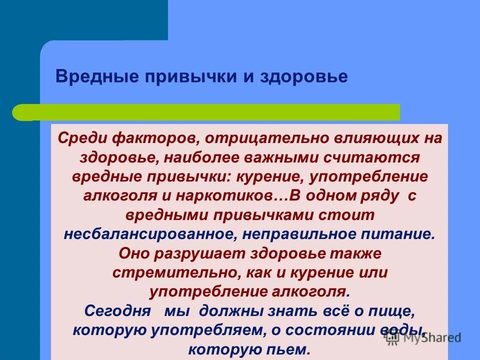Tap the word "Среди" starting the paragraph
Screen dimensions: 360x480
pyautogui.click(x=81, y=138)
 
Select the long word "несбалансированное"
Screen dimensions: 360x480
pyautogui.click(x=146, y=233)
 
